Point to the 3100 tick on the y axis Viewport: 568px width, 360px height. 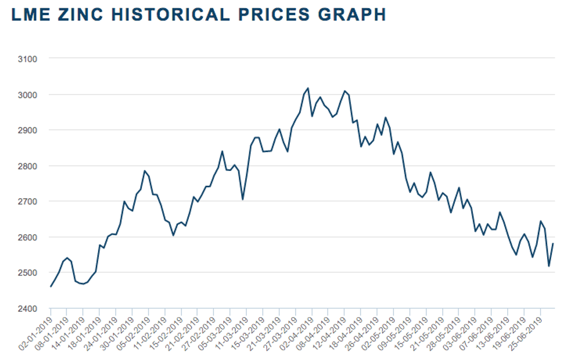tap(28, 59)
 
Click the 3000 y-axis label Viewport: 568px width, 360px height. tap(28, 94)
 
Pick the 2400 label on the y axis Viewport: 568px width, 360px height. tap(28, 308)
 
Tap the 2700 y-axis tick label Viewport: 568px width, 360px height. tap(28, 201)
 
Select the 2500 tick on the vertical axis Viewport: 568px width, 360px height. tap(28, 272)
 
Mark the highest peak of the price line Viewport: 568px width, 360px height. tap(308, 88)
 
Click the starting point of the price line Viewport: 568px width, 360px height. tap(51, 286)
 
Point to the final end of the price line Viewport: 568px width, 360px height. tap(554, 243)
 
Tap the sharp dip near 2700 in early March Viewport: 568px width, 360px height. tap(242, 199)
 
